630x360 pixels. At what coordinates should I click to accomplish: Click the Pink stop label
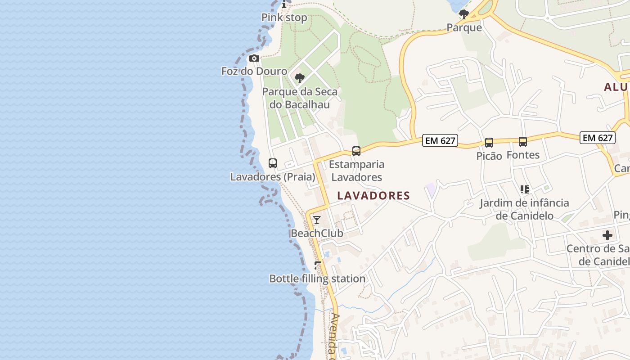pyautogui.click(x=284, y=18)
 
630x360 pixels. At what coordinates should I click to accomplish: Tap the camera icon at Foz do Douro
pyautogui.click(x=254, y=58)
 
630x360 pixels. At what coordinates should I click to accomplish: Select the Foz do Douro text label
pyautogui.click(x=254, y=71)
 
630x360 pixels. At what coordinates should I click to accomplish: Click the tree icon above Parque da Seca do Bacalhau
pyautogui.click(x=300, y=78)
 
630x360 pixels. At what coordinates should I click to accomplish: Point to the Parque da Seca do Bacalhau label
pyautogui.click(x=300, y=98)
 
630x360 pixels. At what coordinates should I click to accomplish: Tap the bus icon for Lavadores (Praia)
pyautogui.click(x=273, y=163)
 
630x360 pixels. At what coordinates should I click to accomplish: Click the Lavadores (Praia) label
pyautogui.click(x=273, y=177)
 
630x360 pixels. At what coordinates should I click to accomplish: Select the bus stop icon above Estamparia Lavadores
pyautogui.click(x=356, y=151)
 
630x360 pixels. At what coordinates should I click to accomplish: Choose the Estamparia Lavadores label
pyautogui.click(x=357, y=171)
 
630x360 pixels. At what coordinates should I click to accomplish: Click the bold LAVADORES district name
pyautogui.click(x=373, y=196)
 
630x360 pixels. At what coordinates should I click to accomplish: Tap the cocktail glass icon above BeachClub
pyautogui.click(x=317, y=220)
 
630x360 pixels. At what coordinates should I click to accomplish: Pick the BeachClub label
pyautogui.click(x=317, y=233)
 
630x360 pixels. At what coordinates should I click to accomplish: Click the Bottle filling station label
pyautogui.click(x=317, y=279)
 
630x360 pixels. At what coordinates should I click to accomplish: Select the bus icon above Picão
pyautogui.click(x=489, y=143)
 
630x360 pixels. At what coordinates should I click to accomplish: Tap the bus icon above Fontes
pyautogui.click(x=523, y=142)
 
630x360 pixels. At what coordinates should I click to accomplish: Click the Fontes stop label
pyautogui.click(x=523, y=155)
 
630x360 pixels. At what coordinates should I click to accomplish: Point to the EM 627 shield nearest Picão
pyautogui.click(x=441, y=141)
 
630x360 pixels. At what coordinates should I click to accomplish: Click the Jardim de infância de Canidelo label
pyautogui.click(x=524, y=209)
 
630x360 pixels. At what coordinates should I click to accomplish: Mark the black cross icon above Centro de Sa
pyautogui.click(x=607, y=235)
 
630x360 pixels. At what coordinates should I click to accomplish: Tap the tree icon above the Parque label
pyautogui.click(x=464, y=14)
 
